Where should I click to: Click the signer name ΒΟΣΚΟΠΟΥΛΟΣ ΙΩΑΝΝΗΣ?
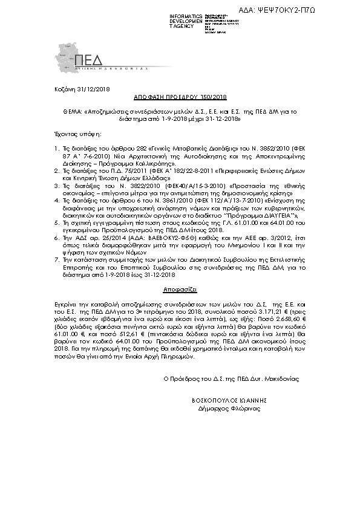(x=229, y=400)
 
